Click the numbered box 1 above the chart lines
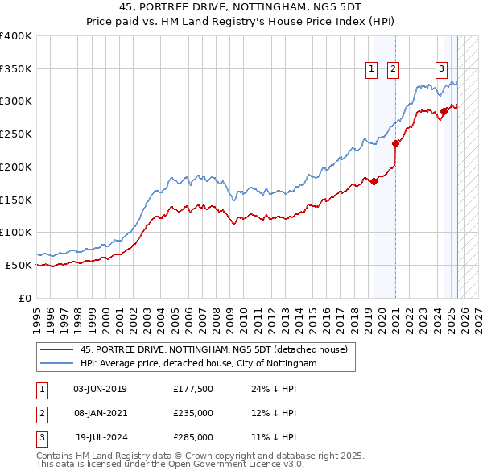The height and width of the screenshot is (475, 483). (372, 70)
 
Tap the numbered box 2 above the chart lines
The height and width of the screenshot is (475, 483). (393, 70)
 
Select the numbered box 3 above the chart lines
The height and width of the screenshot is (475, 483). (442, 70)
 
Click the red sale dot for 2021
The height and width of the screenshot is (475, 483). (395, 144)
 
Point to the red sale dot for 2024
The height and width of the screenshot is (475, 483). (444, 111)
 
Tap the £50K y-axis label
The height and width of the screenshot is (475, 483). (19, 265)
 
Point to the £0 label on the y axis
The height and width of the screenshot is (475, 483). (25, 298)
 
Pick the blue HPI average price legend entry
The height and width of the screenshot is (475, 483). (199, 364)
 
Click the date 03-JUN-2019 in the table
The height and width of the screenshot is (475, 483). (100, 390)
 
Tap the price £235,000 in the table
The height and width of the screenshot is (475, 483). (193, 414)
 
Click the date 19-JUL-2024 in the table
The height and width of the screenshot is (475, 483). (101, 437)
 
